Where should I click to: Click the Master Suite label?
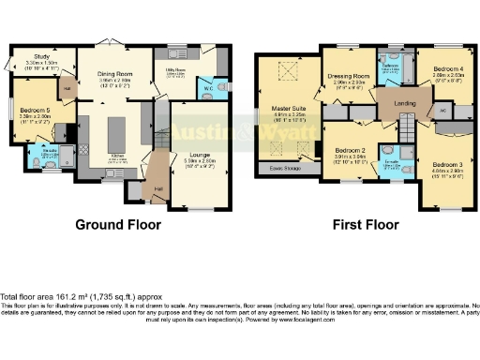[x=290, y=112]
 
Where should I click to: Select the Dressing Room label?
[x=350, y=78]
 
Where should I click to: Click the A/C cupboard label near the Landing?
[x=442, y=111]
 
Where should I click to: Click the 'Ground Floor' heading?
[x=119, y=225]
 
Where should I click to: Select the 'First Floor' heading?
[x=364, y=225]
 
